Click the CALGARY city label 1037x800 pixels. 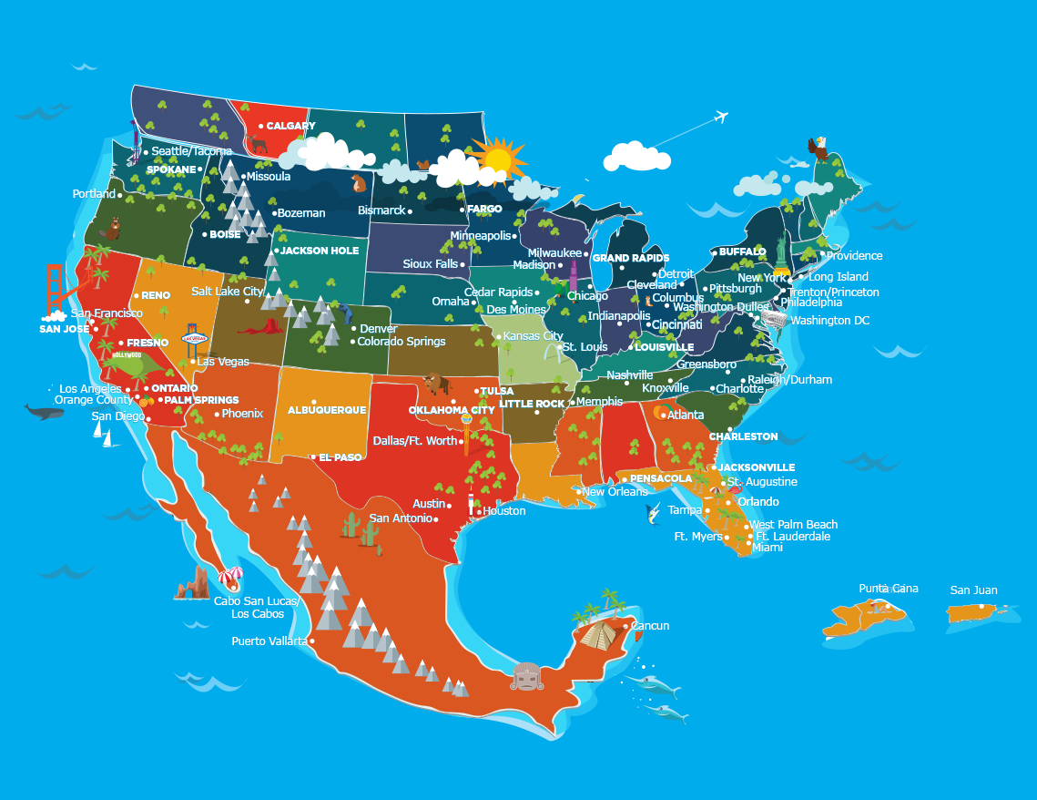tap(290, 126)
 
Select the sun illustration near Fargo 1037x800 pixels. tap(498, 159)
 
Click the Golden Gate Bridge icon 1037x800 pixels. tap(56, 286)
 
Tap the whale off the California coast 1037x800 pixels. tap(44, 412)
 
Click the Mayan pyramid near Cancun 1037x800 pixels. tap(597, 632)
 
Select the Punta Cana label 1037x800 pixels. tap(889, 588)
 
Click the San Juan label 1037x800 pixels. tap(973, 590)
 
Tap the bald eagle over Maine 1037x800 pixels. tap(819, 149)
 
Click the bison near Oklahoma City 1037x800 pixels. tap(437, 382)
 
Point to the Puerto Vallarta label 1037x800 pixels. tap(270, 641)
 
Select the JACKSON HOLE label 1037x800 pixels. tap(320, 251)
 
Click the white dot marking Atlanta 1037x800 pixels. tap(665, 415)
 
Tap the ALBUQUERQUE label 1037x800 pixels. tap(327, 410)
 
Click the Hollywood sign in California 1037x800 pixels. tap(127, 355)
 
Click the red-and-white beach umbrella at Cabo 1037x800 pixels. tap(231, 577)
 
